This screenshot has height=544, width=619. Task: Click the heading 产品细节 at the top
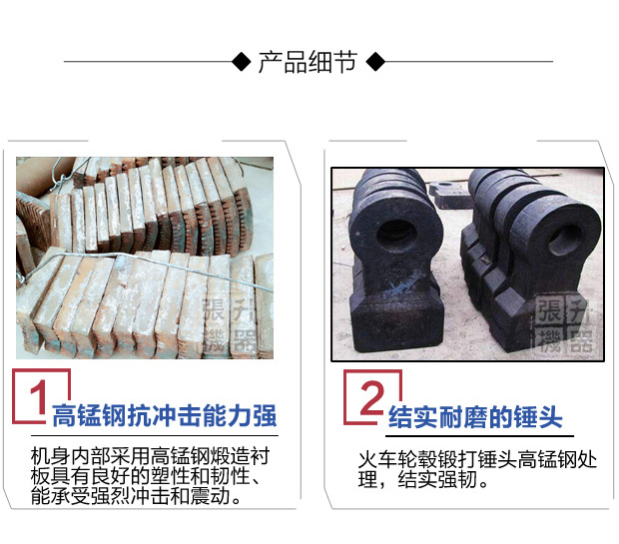pyautogui.click(x=308, y=62)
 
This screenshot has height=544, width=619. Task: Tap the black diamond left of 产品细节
pyautogui.click(x=242, y=62)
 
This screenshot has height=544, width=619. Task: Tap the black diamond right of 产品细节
pyautogui.click(x=375, y=62)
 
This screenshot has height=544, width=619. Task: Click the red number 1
pyautogui.click(x=39, y=397)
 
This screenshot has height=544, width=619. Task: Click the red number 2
pyautogui.click(x=372, y=397)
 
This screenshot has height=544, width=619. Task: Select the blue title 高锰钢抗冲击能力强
pyautogui.click(x=164, y=416)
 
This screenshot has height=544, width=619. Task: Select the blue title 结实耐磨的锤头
pyautogui.click(x=475, y=417)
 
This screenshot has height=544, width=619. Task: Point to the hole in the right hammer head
pyautogui.click(x=564, y=240)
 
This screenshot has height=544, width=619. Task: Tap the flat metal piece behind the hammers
pyautogui.click(x=450, y=195)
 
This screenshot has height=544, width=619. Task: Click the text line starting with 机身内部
pyautogui.click(x=151, y=456)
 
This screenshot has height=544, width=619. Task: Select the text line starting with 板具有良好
pyautogui.click(x=146, y=476)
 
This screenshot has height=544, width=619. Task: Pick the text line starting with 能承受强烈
pyautogui.click(x=136, y=496)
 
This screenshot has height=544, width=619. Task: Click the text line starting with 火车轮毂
pyautogui.click(x=477, y=459)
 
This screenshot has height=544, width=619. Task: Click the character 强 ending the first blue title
pyautogui.click(x=265, y=416)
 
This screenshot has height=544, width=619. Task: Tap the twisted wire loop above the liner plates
pyautogui.click(x=60, y=174)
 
